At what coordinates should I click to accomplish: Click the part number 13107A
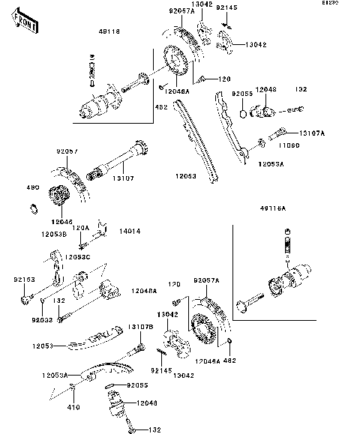click(x=313, y=133)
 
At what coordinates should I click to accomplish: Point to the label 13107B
click(x=140, y=327)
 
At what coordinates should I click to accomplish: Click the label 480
click(x=32, y=187)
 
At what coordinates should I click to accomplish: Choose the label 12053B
click(x=54, y=234)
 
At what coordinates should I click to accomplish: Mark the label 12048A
click(x=142, y=290)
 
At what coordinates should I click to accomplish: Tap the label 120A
click(x=80, y=227)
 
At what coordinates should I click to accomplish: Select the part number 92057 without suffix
click(x=67, y=150)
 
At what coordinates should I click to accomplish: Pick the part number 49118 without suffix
click(x=109, y=31)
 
